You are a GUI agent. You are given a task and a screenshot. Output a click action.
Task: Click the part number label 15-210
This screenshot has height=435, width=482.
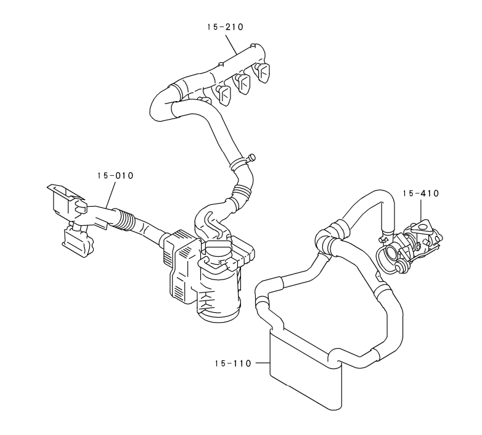225,27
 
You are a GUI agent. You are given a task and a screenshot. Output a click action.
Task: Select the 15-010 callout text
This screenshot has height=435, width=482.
116,176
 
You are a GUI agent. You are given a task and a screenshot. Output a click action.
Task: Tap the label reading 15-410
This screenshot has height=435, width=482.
421,193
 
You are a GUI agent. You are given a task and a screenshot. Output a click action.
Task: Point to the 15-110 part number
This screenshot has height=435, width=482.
233,363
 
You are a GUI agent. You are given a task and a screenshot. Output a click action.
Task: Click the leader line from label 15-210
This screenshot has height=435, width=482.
231,45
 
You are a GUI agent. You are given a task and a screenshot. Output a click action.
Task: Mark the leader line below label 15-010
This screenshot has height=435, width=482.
111,194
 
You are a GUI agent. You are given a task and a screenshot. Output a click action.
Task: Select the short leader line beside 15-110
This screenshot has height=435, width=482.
263,363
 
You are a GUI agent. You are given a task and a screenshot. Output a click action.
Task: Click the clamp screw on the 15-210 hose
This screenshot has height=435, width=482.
251,157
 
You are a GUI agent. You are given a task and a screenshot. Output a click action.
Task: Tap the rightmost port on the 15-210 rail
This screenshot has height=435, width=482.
262,72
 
